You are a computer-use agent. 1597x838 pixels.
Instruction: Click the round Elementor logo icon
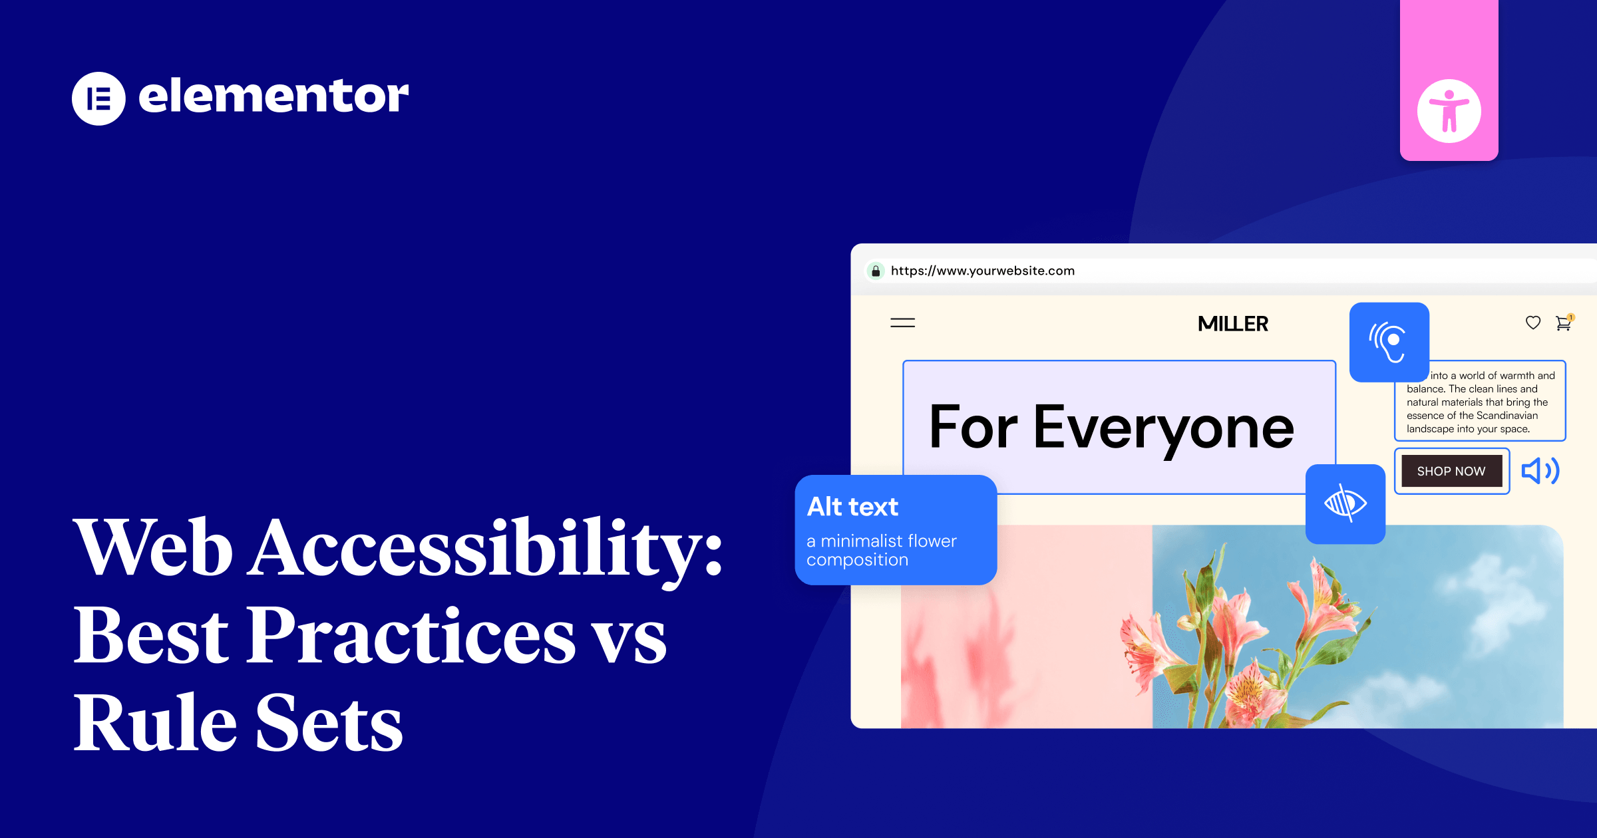click(98, 98)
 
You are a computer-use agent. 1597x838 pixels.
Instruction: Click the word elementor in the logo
click(273, 96)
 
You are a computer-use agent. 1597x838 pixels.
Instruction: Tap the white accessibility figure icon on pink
click(1449, 111)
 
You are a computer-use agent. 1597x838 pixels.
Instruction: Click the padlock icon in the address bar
click(876, 271)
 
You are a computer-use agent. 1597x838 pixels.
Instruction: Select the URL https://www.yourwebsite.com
click(982, 271)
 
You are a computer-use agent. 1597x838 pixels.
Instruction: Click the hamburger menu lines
click(902, 323)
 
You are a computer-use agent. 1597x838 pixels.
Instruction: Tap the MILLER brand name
click(1232, 324)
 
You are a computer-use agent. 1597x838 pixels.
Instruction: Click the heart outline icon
click(1533, 323)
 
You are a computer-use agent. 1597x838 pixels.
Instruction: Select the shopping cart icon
click(1563, 323)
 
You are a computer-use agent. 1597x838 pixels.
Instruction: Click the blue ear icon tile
click(1389, 342)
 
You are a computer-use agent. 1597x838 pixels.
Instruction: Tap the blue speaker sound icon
click(1540, 471)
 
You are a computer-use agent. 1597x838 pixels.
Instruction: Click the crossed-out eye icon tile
click(1345, 503)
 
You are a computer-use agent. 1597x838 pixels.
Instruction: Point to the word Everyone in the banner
click(1163, 428)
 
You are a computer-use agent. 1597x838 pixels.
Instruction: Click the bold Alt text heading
click(852, 507)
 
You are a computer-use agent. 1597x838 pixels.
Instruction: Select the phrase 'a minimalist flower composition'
click(881, 550)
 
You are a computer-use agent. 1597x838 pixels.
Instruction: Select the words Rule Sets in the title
click(238, 723)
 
